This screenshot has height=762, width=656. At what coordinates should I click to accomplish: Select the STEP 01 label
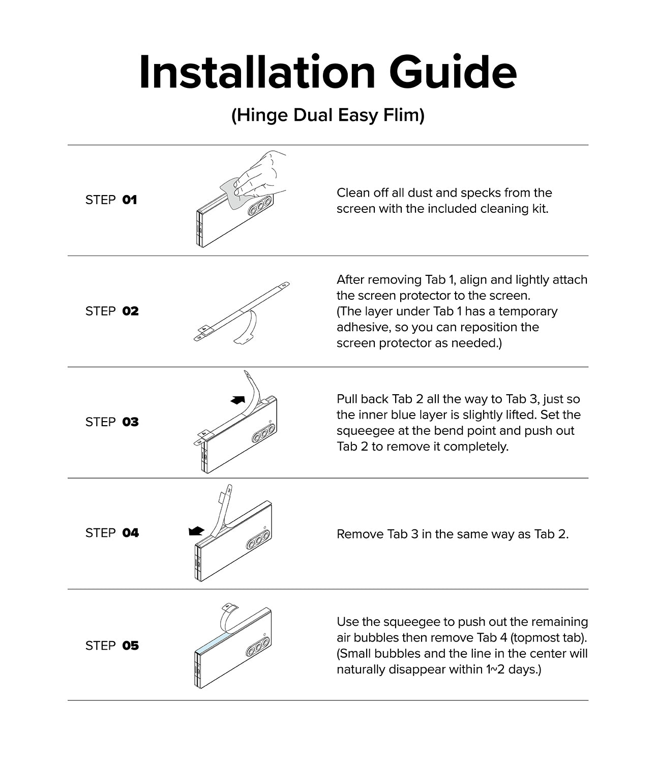[111, 200]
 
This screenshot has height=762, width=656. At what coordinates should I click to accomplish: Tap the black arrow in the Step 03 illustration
[237, 400]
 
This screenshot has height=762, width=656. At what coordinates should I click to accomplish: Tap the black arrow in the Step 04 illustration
[196, 531]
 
